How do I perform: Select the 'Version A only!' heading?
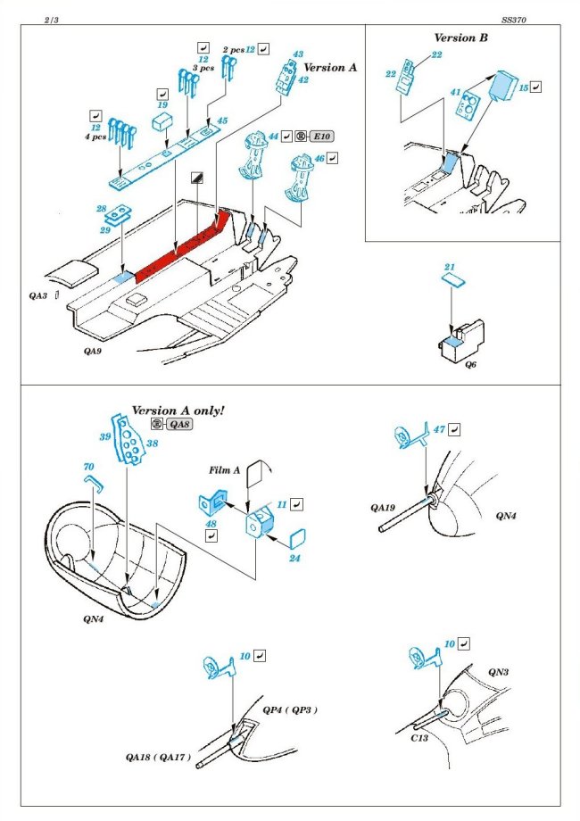(178, 410)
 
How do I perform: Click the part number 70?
(87, 467)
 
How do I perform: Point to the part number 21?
(450, 268)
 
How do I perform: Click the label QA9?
(95, 352)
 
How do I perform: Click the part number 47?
(439, 430)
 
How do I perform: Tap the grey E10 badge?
(319, 137)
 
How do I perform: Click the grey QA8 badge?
(178, 424)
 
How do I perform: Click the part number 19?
(162, 104)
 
